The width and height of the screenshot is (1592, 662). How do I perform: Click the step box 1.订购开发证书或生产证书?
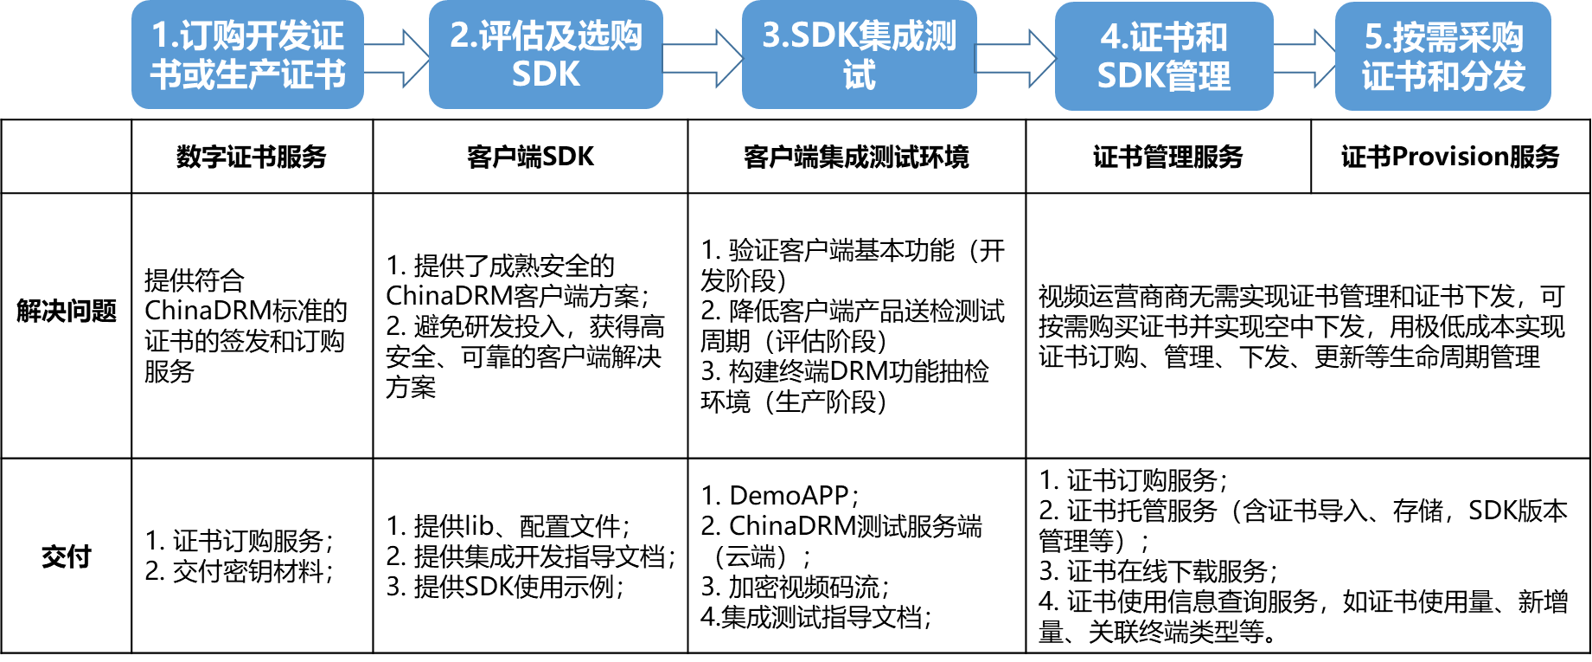click(x=247, y=55)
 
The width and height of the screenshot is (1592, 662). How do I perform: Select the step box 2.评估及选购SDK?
click(x=546, y=55)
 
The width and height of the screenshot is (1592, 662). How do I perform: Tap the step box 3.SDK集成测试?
click(x=859, y=55)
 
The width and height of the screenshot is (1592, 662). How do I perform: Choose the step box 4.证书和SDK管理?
click(x=1164, y=56)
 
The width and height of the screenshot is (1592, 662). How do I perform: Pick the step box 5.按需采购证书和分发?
click(x=1442, y=56)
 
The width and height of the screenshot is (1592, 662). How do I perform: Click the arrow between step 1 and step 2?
click(x=396, y=58)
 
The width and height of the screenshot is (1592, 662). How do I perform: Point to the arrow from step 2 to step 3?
click(x=702, y=58)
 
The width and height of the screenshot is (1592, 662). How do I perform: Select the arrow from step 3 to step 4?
click(x=1015, y=58)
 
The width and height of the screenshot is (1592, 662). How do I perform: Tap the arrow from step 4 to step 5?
click(x=1304, y=58)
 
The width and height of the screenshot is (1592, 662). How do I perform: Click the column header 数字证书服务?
click(x=252, y=157)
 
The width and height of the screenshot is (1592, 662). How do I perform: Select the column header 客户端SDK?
click(x=530, y=157)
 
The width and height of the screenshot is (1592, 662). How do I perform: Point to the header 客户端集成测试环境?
click(x=856, y=157)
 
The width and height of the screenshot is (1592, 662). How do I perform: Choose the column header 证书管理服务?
click(x=1168, y=157)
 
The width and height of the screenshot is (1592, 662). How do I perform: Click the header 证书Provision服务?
click(x=1450, y=157)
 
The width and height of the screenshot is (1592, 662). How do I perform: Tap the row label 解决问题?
click(x=67, y=311)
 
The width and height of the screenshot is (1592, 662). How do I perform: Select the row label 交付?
click(x=67, y=556)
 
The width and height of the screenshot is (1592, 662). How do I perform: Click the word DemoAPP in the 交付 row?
click(x=789, y=496)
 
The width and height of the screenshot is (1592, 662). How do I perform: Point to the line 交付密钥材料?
click(x=239, y=571)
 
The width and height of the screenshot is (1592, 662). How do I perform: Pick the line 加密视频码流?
click(x=795, y=587)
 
